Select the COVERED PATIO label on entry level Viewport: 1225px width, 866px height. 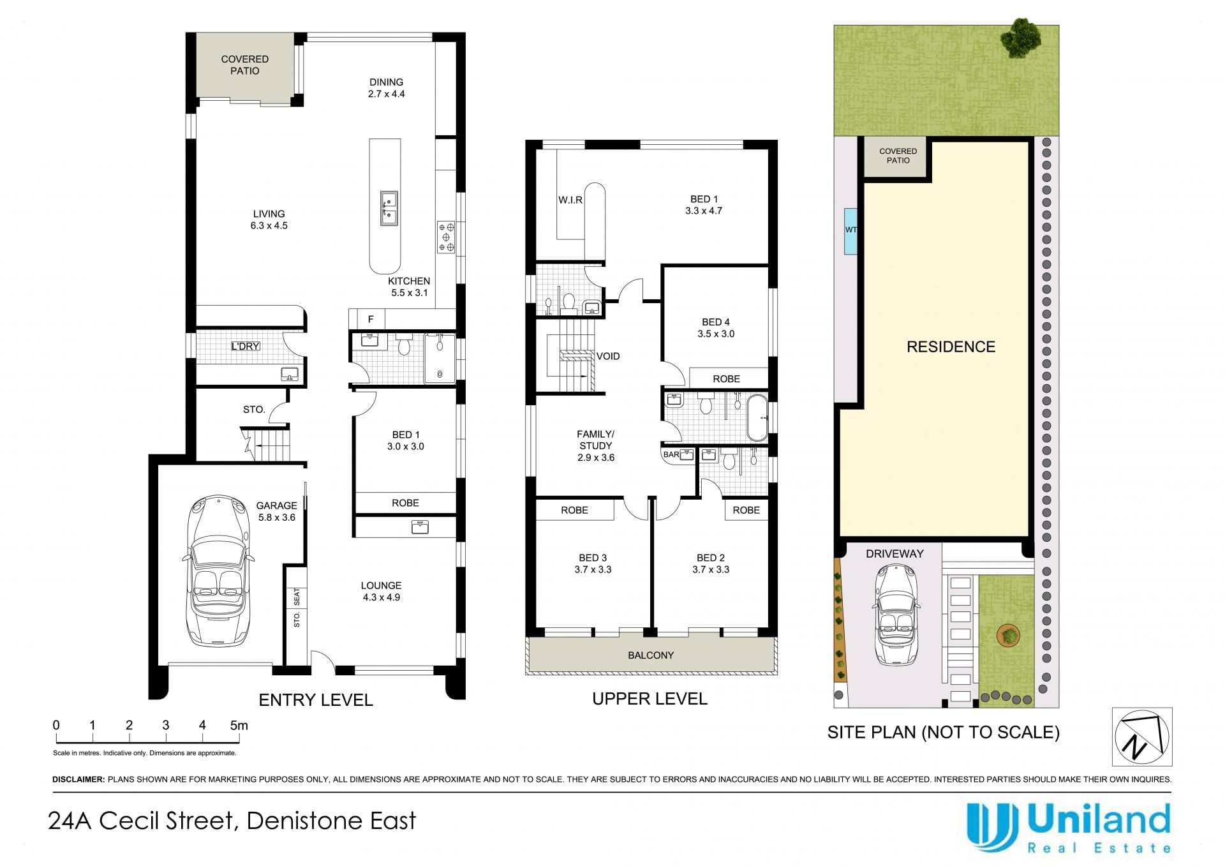(x=245, y=64)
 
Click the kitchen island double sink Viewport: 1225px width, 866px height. (x=388, y=207)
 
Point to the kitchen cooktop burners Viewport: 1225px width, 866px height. (x=446, y=237)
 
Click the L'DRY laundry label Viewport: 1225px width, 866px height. (x=246, y=346)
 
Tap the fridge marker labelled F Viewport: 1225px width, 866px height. (x=371, y=319)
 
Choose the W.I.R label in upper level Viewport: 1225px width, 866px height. (x=570, y=200)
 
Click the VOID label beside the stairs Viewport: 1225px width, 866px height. (x=608, y=356)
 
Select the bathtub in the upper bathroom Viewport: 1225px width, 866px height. (x=757, y=418)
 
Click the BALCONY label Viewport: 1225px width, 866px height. (x=651, y=655)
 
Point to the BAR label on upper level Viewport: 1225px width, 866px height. (x=671, y=454)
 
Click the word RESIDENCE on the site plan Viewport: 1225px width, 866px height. (x=951, y=347)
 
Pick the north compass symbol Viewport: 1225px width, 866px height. (x=1142, y=736)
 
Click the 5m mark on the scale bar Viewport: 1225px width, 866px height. (x=239, y=726)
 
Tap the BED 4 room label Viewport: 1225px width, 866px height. (x=716, y=322)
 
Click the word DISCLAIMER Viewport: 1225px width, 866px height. (x=78, y=779)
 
